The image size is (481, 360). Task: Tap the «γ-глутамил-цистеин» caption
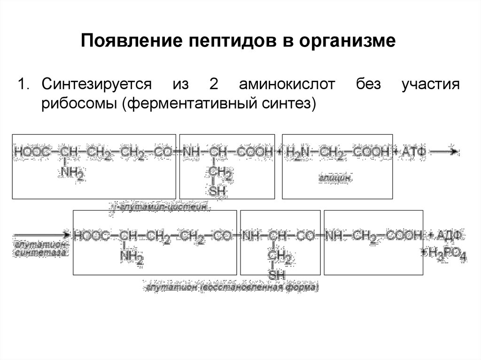pos(160,207)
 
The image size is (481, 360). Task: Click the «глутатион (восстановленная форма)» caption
pos(232,287)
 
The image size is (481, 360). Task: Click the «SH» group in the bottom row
pos(277,274)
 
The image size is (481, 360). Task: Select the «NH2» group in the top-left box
pos(72,175)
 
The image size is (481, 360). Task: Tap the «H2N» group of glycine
pos(299,152)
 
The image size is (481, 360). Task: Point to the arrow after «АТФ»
pos(444,151)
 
